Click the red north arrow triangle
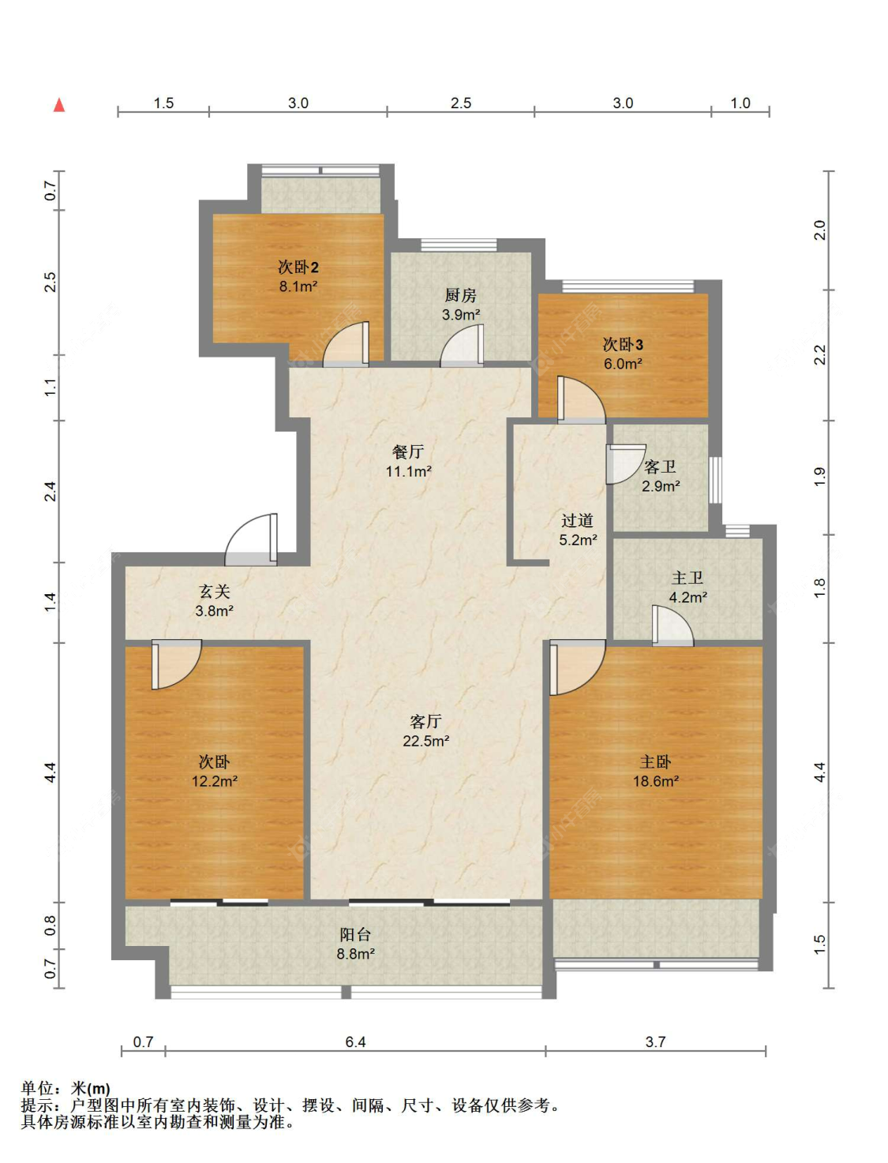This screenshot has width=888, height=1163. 59,106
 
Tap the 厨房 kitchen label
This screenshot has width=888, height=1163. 460,294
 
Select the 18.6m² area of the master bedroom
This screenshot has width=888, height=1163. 656,781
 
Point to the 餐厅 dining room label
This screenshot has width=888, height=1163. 408,451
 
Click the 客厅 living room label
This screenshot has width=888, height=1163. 425,721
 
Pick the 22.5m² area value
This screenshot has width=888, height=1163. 426,741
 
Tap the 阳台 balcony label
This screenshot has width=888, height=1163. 355,934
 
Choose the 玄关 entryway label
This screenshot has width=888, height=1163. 214,591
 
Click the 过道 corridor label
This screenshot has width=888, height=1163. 577,520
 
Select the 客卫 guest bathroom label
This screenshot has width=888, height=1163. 660,466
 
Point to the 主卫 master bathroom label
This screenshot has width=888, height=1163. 688,578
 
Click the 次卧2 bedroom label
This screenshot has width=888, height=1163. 298,267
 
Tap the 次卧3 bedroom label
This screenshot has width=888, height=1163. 623,344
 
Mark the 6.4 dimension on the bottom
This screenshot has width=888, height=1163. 355,1042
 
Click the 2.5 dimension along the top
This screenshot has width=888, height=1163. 461,103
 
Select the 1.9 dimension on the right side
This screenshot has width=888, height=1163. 819,477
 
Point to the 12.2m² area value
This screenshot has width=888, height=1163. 214,781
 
